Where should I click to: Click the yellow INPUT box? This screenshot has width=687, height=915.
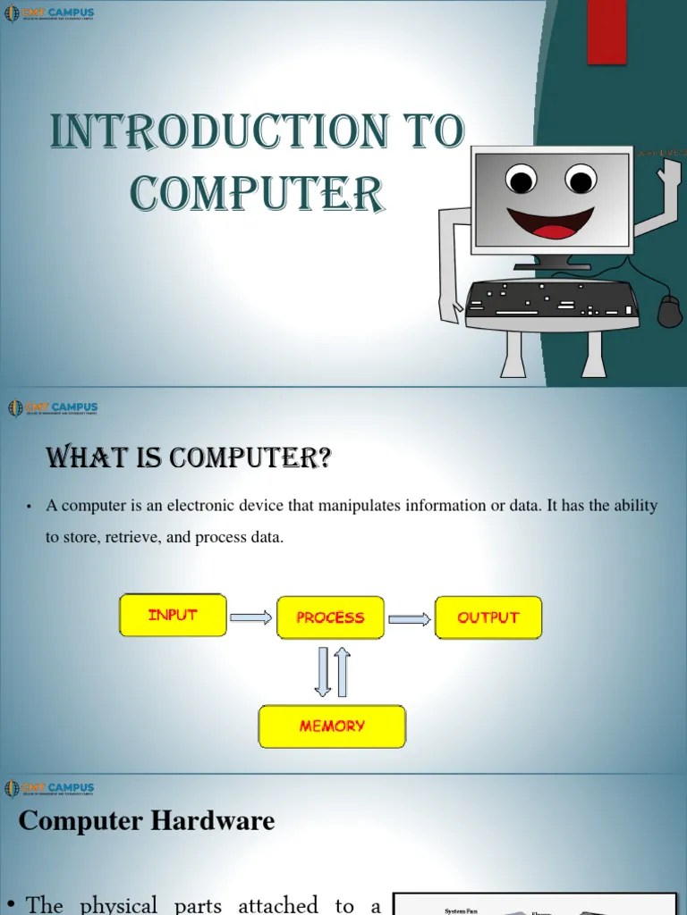[173, 616]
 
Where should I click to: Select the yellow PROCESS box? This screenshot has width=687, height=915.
[330, 617]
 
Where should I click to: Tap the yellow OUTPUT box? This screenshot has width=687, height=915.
[488, 617]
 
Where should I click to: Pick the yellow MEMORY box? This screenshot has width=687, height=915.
[332, 726]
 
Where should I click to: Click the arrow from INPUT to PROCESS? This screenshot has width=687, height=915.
[250, 617]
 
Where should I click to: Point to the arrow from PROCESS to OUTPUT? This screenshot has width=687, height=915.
[409, 618]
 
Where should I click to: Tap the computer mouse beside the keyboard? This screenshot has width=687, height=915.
[669, 311]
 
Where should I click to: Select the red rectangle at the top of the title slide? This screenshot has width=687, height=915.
[606, 32]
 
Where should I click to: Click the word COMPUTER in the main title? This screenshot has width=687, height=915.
[258, 193]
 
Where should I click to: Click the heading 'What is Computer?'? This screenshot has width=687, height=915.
[189, 459]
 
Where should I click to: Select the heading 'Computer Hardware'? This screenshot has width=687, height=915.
[147, 820]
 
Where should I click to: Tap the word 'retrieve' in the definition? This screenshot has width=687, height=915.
[146, 538]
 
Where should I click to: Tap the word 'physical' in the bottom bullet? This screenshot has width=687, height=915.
[119, 905]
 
